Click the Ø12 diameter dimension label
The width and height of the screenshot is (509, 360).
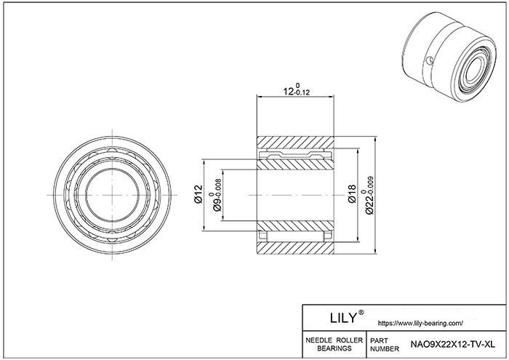point(198,193)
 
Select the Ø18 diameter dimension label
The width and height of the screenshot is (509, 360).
point(352,193)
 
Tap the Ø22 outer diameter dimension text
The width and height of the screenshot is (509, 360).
point(370,195)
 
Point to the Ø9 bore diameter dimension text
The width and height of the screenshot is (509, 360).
point(217,195)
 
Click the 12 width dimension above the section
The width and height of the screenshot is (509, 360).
point(297,89)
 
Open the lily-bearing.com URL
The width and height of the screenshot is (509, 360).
point(421,324)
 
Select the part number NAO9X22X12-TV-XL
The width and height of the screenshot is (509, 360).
point(453,344)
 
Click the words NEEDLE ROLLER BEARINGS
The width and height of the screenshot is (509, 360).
point(334,344)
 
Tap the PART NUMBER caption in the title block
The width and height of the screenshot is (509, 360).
point(385,345)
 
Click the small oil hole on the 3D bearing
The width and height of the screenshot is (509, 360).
point(430,60)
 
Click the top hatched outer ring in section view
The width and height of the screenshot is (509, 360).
point(295,143)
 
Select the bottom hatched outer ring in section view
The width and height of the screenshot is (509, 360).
point(295,248)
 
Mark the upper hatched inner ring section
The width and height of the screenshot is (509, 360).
point(295,164)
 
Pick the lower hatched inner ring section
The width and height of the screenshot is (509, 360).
point(295,226)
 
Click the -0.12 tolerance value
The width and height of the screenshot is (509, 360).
point(302,92)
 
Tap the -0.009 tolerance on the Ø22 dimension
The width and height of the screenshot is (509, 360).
point(371,188)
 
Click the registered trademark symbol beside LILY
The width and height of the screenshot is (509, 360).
point(361,313)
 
